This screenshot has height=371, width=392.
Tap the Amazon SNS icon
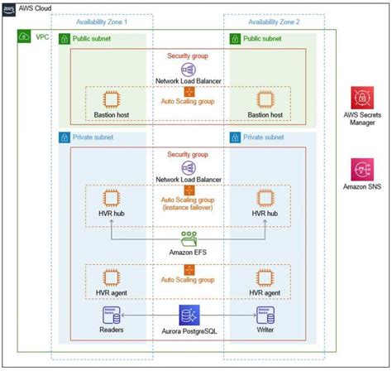pyautogui.click(x=362, y=171)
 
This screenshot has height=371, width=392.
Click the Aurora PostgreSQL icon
pyautogui.click(x=188, y=316)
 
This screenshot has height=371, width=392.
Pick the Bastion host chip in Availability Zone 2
pyautogui.click(x=265, y=99)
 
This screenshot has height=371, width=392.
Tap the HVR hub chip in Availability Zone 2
pyautogui.click(x=265, y=199)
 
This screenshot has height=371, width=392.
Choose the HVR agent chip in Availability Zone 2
pyautogui.click(x=265, y=277)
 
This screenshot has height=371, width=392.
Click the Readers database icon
pyautogui.click(x=107, y=316)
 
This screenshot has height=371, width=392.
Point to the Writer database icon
pyautogui.click(x=265, y=316)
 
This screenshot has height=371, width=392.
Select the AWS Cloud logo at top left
pyautogui.click(x=11, y=7)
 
